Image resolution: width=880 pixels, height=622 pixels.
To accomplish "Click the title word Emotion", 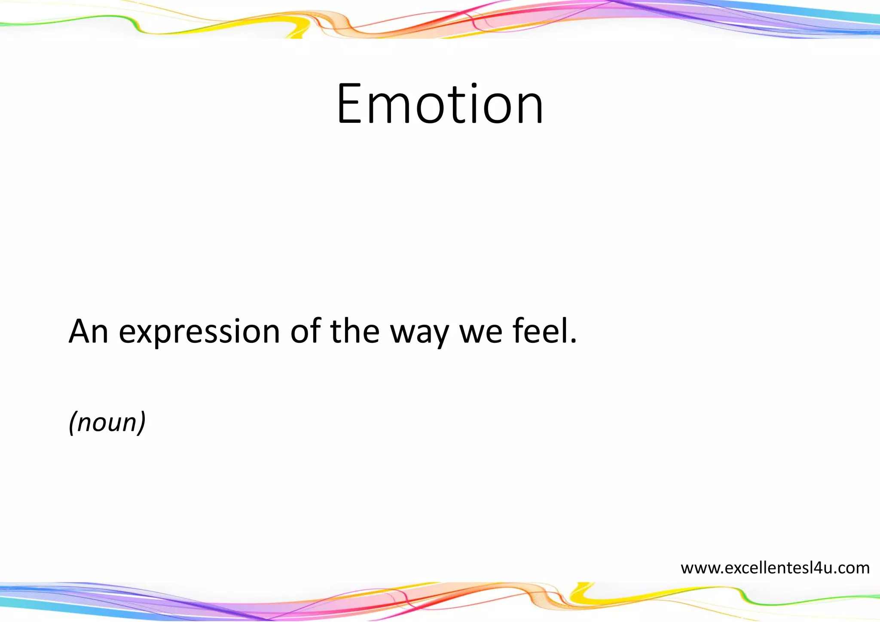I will click(x=440, y=104).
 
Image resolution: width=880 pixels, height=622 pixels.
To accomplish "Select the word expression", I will click(x=199, y=332).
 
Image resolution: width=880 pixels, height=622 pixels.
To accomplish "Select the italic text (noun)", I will click(x=107, y=422).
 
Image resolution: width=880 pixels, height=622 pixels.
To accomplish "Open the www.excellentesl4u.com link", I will click(x=775, y=568).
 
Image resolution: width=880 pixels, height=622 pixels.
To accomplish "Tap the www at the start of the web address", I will click(x=699, y=568).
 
